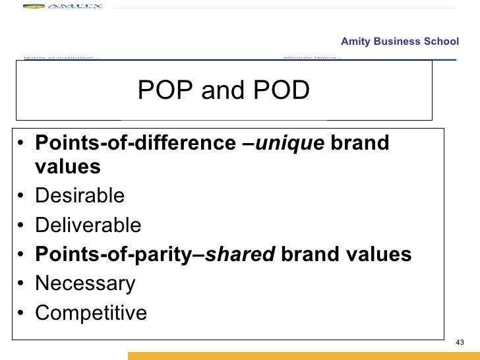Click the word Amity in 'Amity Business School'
point(355,42)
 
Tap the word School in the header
point(442,42)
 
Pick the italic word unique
point(289,143)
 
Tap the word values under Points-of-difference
point(67,167)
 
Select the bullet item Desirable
point(80,196)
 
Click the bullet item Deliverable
point(88,225)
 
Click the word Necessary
point(85,284)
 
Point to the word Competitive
point(91,313)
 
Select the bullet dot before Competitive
point(22,314)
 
